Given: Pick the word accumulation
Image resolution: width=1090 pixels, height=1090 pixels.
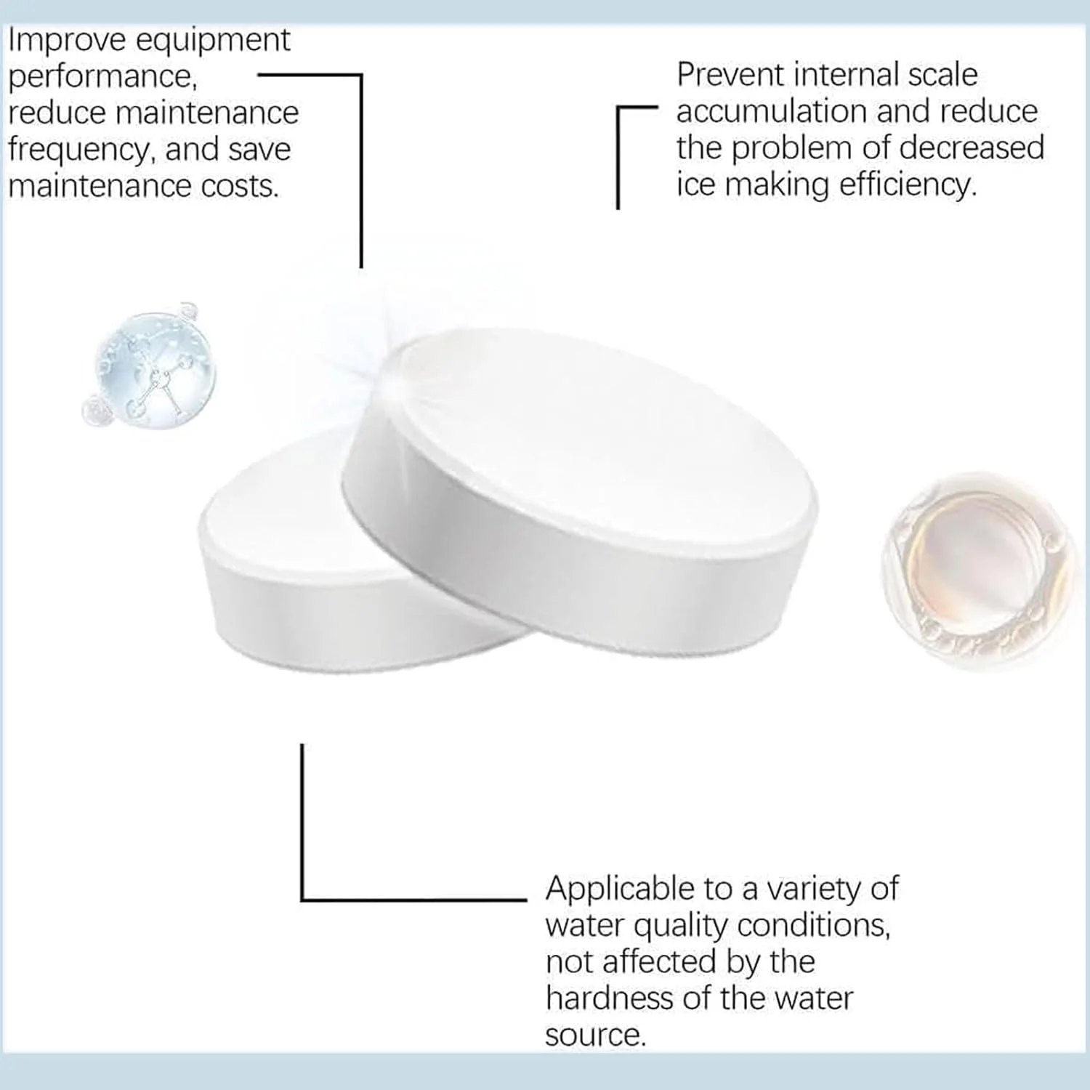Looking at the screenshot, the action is [x=772, y=112].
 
